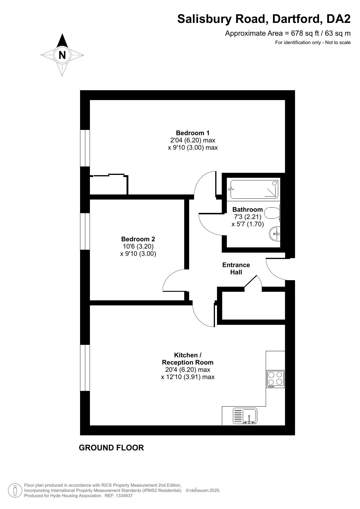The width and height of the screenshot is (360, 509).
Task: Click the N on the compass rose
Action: (62, 55)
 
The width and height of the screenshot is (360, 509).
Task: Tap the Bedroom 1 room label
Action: (193, 133)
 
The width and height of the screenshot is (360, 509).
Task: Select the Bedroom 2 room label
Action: (138, 239)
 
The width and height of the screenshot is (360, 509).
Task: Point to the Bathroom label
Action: (247, 209)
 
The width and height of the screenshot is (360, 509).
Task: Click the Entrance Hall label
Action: (236, 269)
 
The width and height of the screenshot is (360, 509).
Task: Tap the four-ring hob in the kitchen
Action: (276, 379)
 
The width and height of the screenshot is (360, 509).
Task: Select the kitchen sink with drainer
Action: (245, 416)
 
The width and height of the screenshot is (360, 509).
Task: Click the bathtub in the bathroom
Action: (254, 189)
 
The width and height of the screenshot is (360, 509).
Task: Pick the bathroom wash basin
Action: (275, 234)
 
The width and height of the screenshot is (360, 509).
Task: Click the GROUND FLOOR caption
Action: (111, 448)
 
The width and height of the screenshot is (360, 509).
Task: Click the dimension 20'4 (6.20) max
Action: (188, 370)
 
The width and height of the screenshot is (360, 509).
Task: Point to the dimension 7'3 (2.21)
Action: (247, 217)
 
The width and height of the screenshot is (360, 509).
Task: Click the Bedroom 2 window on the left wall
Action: (85, 231)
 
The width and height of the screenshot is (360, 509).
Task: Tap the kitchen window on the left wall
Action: (85, 368)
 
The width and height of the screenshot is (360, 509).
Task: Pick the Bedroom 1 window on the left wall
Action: (85, 148)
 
